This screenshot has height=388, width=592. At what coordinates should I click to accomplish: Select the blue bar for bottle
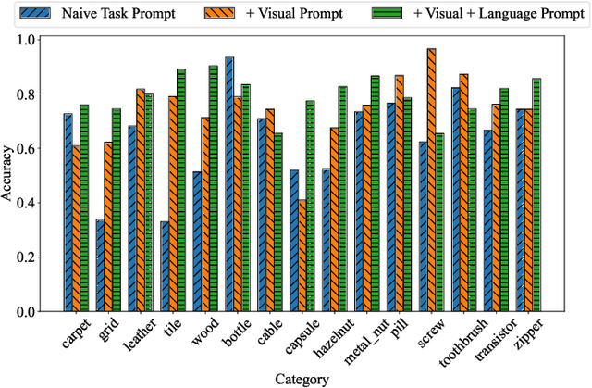[x=228, y=184]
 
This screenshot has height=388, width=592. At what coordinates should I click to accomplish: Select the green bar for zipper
[x=537, y=195]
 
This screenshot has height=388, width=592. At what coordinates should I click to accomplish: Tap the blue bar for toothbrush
[x=455, y=200]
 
